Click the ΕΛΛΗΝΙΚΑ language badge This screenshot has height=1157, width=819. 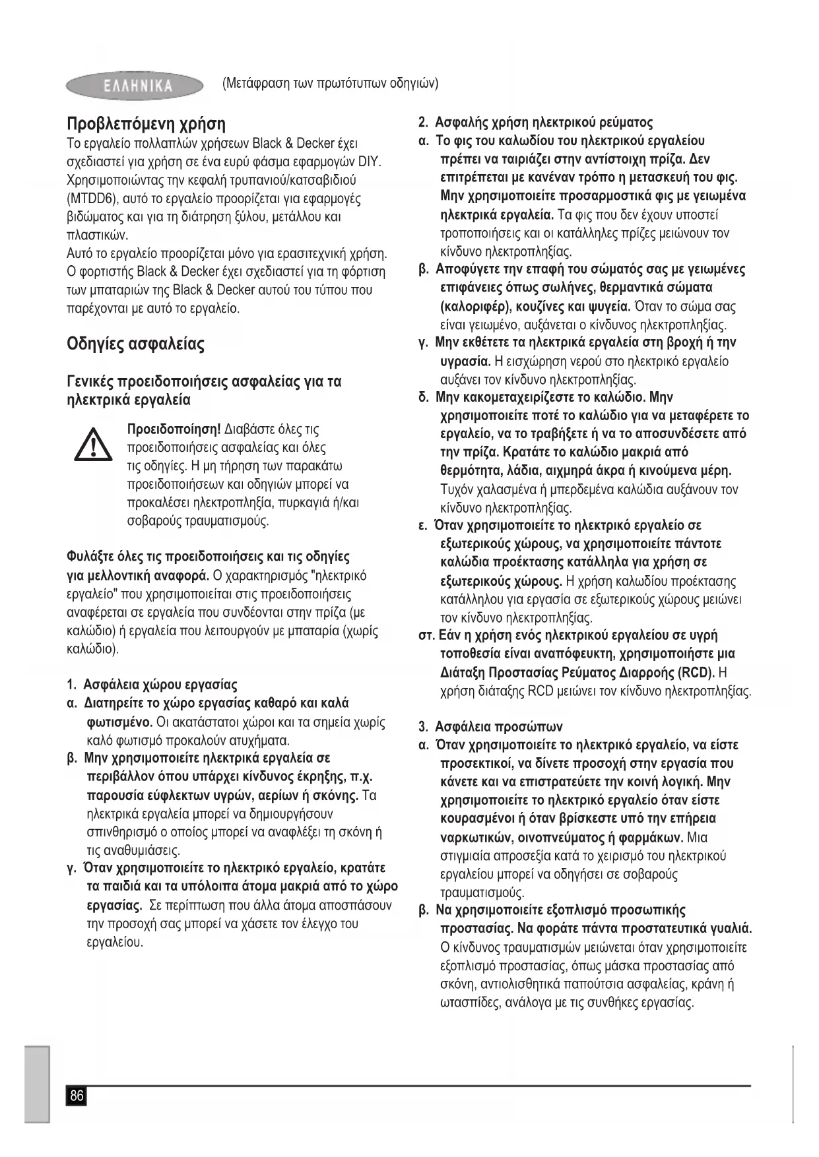[x=135, y=86]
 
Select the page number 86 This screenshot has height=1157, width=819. [x=77, y=1096]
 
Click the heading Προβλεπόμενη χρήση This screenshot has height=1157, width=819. [x=146, y=123]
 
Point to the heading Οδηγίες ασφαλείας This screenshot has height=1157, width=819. [x=136, y=344]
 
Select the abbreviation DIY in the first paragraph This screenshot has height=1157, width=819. [x=372, y=162]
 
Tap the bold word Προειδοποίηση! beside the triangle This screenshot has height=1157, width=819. [x=174, y=429]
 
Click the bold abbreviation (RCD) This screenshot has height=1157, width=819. [x=696, y=673]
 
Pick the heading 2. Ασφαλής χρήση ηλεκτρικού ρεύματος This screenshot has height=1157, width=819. [x=536, y=123]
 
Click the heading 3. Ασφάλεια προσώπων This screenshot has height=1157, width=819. [x=490, y=727]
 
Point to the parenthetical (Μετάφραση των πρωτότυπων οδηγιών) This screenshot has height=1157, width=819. [x=331, y=84]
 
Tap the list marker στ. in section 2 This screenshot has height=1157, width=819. [x=426, y=636]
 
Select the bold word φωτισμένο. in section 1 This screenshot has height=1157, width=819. [x=120, y=722]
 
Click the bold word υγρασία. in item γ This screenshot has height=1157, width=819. [x=465, y=361]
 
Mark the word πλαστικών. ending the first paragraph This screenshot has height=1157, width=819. [x=98, y=235]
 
